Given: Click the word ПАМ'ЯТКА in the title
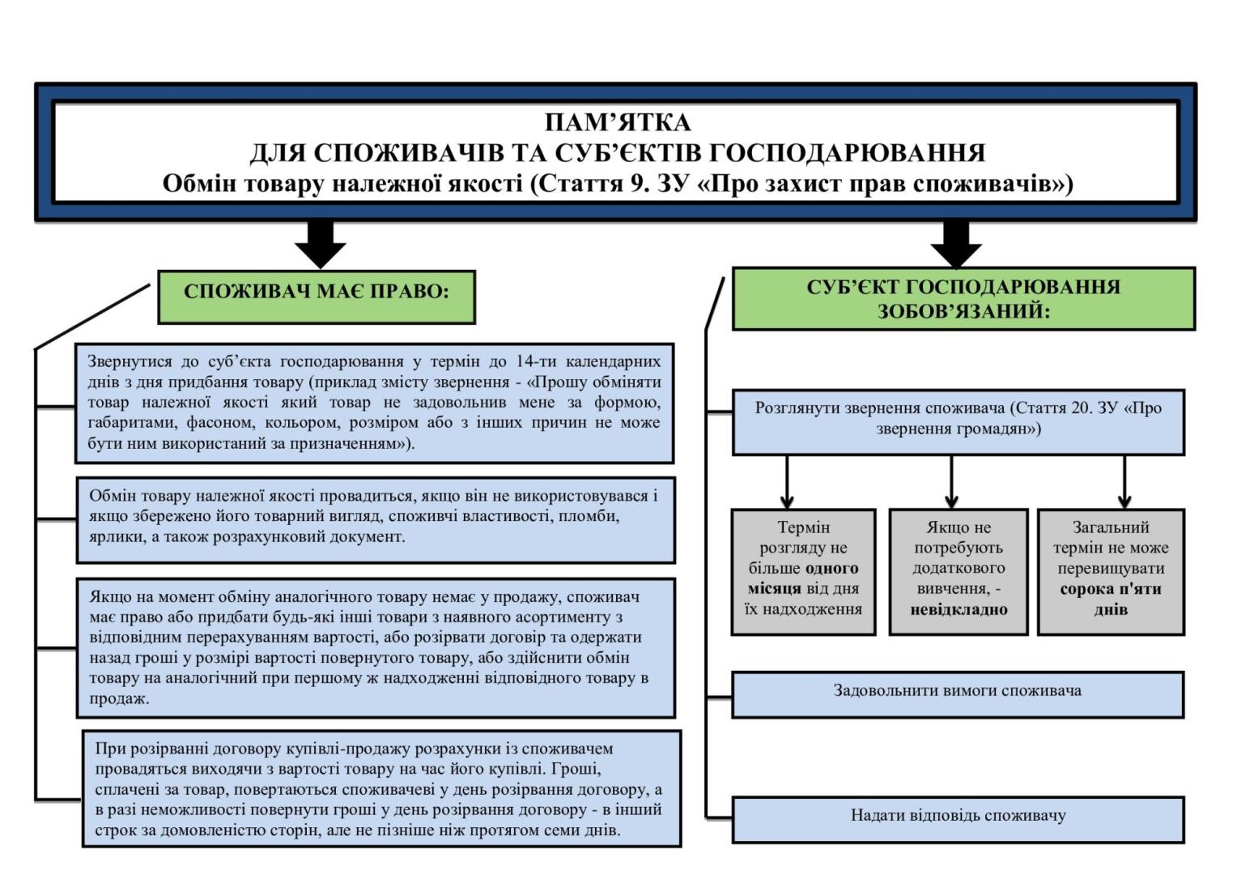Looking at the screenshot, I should tap(618, 122).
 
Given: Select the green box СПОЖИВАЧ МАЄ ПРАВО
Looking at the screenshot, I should tap(316, 297).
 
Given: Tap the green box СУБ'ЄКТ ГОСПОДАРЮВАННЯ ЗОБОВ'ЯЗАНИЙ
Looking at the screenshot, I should tap(963, 298).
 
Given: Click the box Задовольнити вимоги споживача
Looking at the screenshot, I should tap(958, 694).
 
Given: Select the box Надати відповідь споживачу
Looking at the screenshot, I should tap(958, 818).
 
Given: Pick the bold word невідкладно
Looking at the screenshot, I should tap(959, 609).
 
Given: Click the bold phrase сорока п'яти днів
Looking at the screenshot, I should tap(1111, 599).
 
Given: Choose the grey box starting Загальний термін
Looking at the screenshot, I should tap(1111, 571).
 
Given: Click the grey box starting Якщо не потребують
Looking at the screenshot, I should tap(959, 571).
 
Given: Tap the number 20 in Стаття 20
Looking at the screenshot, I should tap(1082, 408).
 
